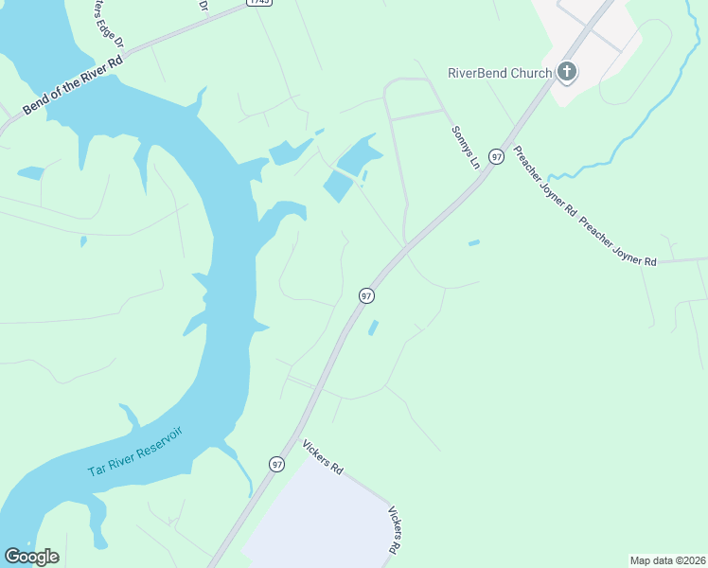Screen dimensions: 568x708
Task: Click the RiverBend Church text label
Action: [499, 73]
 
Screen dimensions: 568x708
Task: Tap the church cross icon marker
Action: [566, 71]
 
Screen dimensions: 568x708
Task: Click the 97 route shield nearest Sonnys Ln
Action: [495, 155]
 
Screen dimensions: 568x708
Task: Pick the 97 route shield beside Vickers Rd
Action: [276, 464]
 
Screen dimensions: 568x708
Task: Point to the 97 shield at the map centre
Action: [366, 296]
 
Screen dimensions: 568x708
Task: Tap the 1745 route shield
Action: [258, 3]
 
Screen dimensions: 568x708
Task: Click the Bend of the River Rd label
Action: [74, 84]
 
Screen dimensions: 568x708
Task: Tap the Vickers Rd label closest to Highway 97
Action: [322, 457]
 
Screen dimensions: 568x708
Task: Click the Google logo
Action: [31, 557]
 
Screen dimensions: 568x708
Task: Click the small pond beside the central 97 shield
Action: [373, 328]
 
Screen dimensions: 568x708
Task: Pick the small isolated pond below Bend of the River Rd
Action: [30, 173]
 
